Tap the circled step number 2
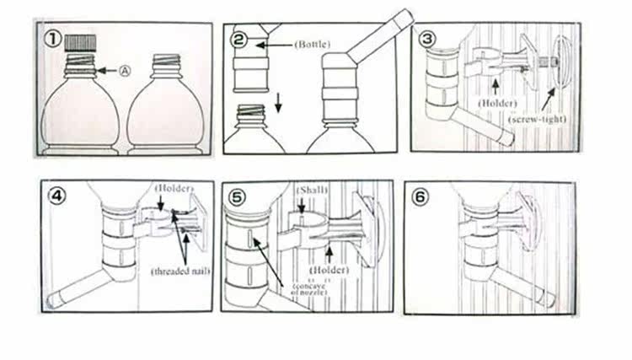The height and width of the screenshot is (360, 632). click(239, 39)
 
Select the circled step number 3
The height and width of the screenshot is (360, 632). click(427, 38)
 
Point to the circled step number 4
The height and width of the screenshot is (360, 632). click(56, 197)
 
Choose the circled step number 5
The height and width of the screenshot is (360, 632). click(239, 197)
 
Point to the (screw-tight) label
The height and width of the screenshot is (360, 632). click(536, 120)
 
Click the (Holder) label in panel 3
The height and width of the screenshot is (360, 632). click(497, 102)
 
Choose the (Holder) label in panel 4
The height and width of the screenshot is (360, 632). click(174, 186)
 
